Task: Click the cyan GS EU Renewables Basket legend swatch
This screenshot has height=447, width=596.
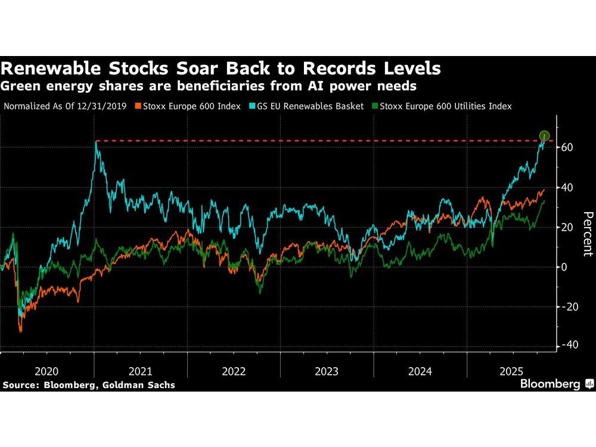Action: tap(252, 106)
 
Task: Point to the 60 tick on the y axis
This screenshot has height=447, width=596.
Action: tap(566, 147)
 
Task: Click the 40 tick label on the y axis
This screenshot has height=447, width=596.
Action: tap(566, 187)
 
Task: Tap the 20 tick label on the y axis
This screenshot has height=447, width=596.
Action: tap(566, 227)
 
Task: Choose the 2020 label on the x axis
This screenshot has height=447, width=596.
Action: tap(47, 371)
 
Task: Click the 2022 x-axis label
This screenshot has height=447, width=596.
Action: tap(234, 371)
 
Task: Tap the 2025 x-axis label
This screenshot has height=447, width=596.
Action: tap(513, 371)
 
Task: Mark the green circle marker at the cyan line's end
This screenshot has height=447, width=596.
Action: tap(544, 136)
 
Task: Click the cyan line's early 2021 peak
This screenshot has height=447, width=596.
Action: tap(97, 142)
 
